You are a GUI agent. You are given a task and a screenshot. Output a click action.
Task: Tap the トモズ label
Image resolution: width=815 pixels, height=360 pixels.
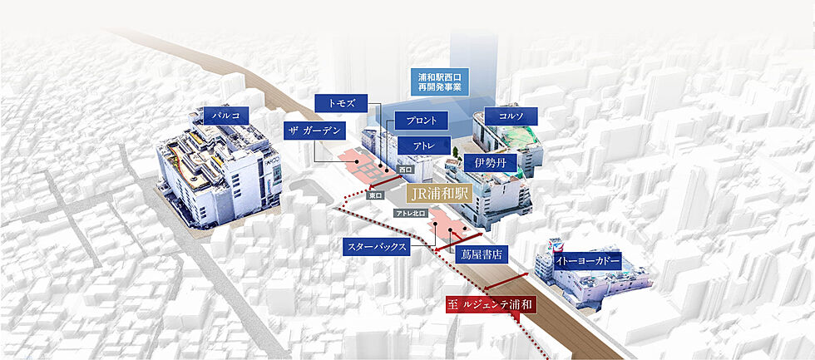point(341,103)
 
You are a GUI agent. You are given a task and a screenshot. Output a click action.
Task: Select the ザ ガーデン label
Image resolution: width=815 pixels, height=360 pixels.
point(315,131)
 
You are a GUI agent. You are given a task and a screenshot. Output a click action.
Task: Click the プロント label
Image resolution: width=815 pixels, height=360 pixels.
point(421,121)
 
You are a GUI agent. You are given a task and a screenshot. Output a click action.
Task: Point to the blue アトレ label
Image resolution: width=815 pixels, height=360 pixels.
point(423,145)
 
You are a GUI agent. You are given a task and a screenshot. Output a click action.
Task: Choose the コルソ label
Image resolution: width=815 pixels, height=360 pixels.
point(511,116)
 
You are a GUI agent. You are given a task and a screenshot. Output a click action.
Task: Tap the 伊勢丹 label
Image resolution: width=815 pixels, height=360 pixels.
point(490,163)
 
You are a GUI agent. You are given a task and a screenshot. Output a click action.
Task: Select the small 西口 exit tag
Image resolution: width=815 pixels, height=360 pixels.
point(405,170)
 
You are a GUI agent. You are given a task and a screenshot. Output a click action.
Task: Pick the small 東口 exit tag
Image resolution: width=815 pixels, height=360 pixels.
point(375,195)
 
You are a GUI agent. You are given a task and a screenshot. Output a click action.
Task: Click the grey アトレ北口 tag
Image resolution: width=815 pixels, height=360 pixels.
point(411,213)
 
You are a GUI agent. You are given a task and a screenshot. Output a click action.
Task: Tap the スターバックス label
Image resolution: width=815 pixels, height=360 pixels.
point(376,247)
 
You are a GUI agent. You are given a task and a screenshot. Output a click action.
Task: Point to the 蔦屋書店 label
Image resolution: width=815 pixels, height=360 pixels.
point(482,254)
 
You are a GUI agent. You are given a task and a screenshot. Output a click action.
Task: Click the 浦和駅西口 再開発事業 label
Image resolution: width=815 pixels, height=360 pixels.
point(440,82)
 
